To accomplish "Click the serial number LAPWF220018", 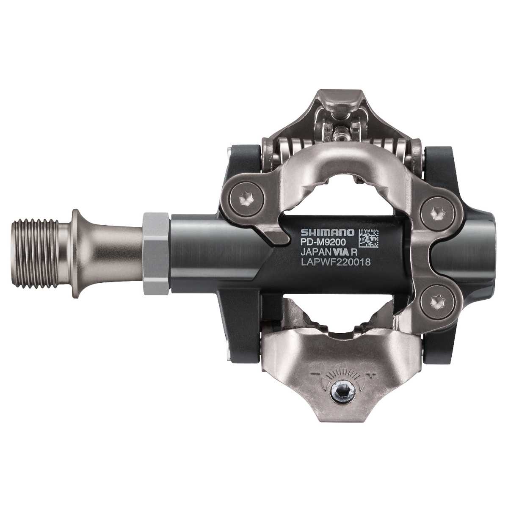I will tap(335, 262).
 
